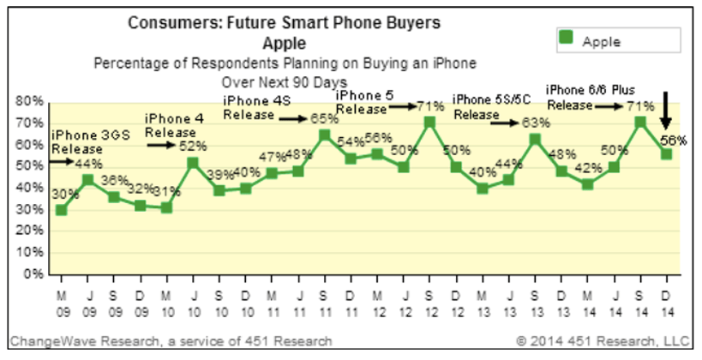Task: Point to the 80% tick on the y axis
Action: click(x=32, y=102)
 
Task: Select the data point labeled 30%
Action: click(x=61, y=210)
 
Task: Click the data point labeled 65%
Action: click(x=324, y=135)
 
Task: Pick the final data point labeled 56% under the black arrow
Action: click(x=666, y=153)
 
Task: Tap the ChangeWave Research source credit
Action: click(x=171, y=341)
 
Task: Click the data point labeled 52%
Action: click(x=192, y=162)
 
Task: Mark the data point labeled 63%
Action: click(x=534, y=139)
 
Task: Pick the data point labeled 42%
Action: click(x=587, y=184)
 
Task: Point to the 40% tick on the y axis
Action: click(x=32, y=189)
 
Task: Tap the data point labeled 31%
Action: click(x=166, y=207)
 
